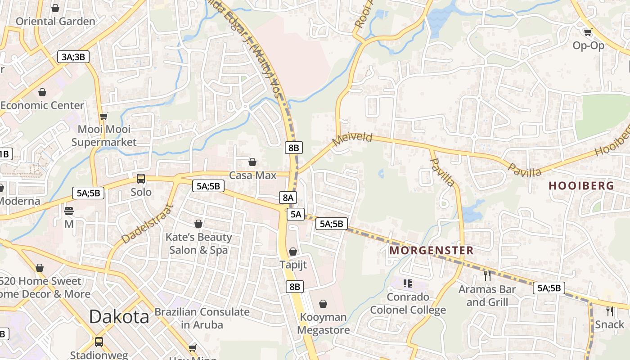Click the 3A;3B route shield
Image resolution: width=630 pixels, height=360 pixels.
point(73,57)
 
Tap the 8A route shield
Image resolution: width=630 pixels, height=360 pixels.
point(288,197)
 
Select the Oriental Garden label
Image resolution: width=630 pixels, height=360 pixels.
point(55,21)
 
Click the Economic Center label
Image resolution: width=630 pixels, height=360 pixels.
point(42,105)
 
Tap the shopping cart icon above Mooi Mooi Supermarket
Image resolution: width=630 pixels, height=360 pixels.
point(104,116)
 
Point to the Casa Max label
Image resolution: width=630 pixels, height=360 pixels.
point(252,175)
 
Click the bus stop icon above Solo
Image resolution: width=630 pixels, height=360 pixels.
point(141,179)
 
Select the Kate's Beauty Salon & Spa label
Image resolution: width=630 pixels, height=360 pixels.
point(198,243)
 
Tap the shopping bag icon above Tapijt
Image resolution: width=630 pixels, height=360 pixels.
point(293,252)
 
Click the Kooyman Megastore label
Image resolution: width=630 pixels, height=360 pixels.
point(323,324)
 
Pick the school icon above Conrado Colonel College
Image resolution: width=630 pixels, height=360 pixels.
point(408,283)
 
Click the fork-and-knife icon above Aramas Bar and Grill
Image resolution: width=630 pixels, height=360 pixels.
point(487,275)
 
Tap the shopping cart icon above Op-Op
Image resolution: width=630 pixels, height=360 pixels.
point(588,32)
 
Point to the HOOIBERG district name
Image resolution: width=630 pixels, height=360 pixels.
point(581,185)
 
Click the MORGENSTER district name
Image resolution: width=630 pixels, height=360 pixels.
point(431,250)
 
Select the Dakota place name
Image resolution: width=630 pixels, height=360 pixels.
point(119,317)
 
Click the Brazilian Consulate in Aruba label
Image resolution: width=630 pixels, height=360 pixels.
point(202,318)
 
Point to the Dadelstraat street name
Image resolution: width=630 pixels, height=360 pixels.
point(147,224)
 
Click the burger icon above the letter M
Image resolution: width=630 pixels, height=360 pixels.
point(69,211)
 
